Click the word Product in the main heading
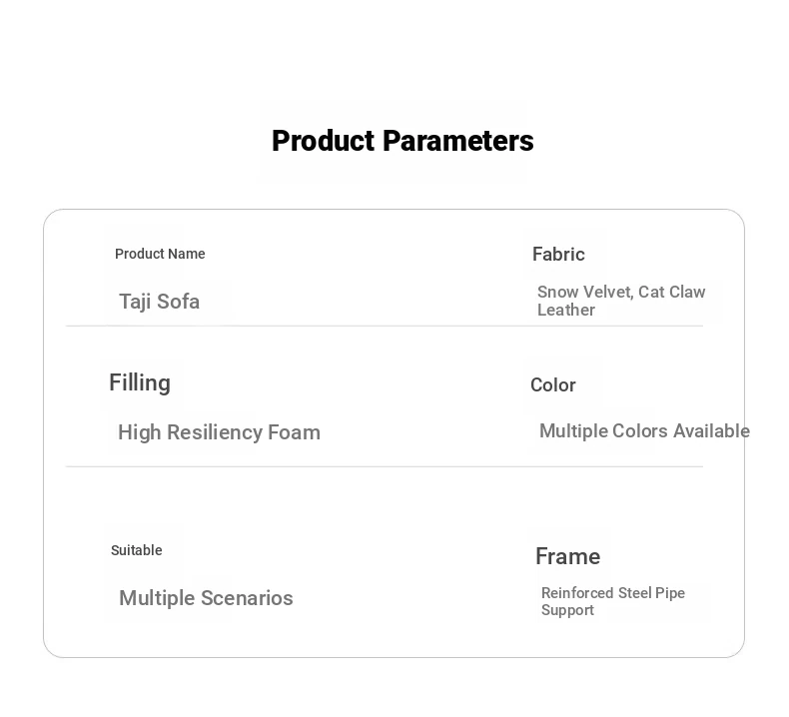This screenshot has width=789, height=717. click(324, 141)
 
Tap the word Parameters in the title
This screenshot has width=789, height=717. click(457, 141)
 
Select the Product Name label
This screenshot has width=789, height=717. click(160, 254)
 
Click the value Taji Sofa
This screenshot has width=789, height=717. click(159, 302)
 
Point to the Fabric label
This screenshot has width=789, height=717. click(558, 254)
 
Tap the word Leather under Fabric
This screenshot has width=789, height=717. click(566, 310)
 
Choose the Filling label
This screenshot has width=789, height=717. click(140, 382)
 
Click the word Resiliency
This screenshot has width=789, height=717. click(215, 432)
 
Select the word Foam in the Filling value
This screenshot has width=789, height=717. click(294, 432)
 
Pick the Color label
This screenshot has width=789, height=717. click(553, 384)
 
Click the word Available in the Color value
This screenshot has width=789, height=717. click(711, 430)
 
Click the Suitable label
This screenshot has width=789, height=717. click(137, 550)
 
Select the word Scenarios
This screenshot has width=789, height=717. click(247, 598)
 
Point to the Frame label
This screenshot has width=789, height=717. click(567, 556)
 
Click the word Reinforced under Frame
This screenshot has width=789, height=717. click(577, 593)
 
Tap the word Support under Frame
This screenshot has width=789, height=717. click(567, 610)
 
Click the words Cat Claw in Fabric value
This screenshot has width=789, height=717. click(672, 292)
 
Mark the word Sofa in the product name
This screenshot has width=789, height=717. click(178, 302)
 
